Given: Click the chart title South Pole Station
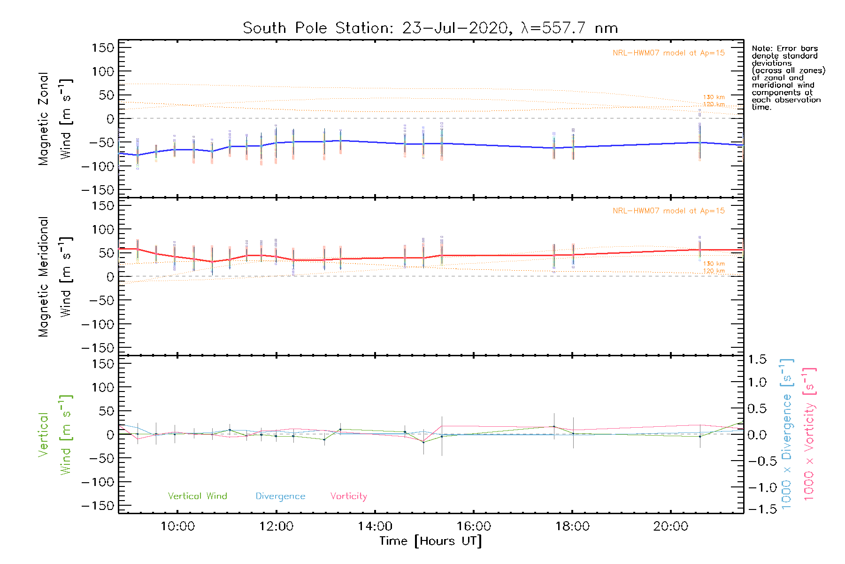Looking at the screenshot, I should [430, 28].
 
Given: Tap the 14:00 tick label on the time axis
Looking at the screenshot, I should [375, 526].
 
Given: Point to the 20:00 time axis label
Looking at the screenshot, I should [670, 526].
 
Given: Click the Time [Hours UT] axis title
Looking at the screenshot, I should [430, 541].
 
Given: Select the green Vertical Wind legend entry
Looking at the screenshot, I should [197, 496].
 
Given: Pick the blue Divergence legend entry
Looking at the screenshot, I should [280, 496].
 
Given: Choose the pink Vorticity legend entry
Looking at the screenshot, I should [348, 496].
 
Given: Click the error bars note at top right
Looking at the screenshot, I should [788, 78].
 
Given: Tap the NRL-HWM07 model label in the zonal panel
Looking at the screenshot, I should [668, 53].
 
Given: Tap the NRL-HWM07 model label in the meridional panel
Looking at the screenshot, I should [668, 211].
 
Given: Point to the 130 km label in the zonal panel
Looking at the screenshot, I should [714, 97].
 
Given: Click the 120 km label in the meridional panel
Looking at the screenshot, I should [714, 271].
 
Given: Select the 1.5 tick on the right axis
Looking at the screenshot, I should [757, 360].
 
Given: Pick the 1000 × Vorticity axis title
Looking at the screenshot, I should [809, 434].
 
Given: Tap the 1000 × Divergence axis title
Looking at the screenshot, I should [787, 434].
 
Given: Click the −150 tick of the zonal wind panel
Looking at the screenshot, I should [98, 190].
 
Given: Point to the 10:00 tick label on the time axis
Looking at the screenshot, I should [177, 526].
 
